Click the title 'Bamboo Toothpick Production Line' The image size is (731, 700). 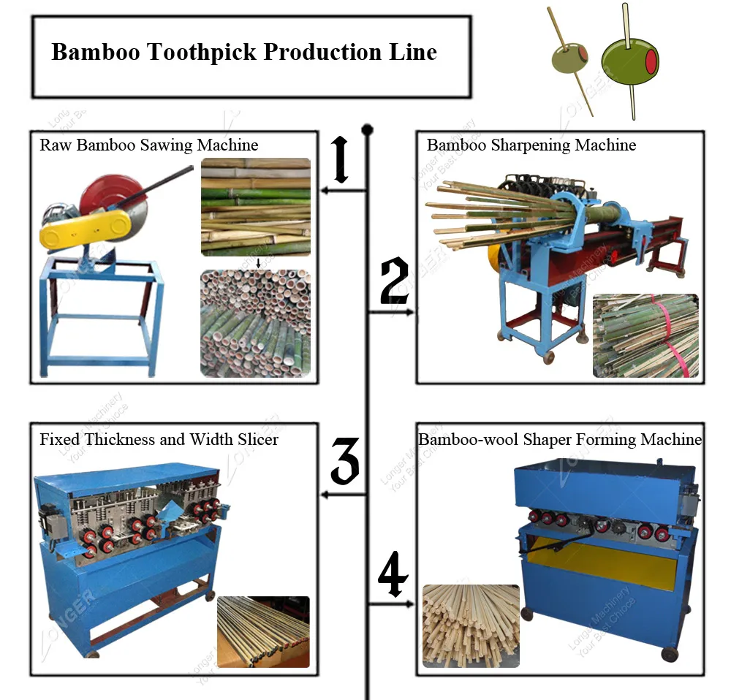[x=244, y=53]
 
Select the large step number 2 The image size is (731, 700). [x=394, y=282]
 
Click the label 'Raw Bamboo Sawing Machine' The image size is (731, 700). [x=148, y=145]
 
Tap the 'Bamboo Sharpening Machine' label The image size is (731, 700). [x=531, y=145]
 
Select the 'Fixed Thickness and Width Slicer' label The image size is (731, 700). [x=159, y=439]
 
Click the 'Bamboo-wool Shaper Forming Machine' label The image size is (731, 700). [x=560, y=439]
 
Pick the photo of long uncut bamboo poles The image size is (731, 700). [x=255, y=207]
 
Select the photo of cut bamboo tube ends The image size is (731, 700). [x=255, y=323]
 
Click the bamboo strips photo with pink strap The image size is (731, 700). [x=645, y=335]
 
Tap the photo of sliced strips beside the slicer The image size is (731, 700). [x=263, y=631]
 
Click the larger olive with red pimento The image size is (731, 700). [x=630, y=61]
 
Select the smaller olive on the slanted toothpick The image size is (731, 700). [x=569, y=61]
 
